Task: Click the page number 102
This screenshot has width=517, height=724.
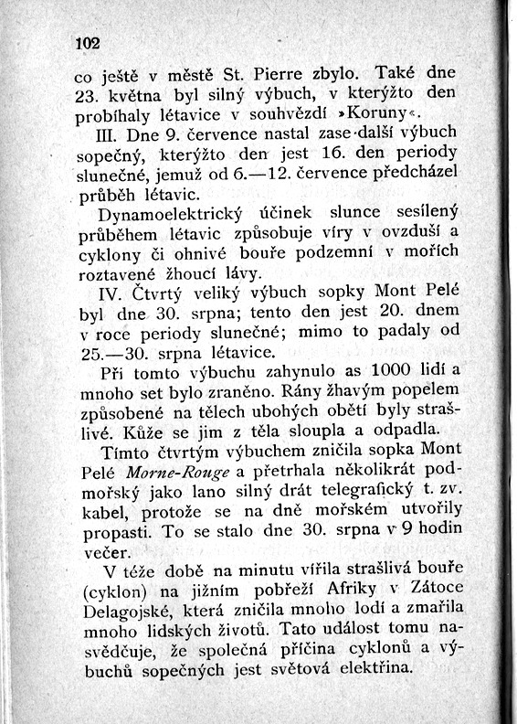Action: coord(87,43)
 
